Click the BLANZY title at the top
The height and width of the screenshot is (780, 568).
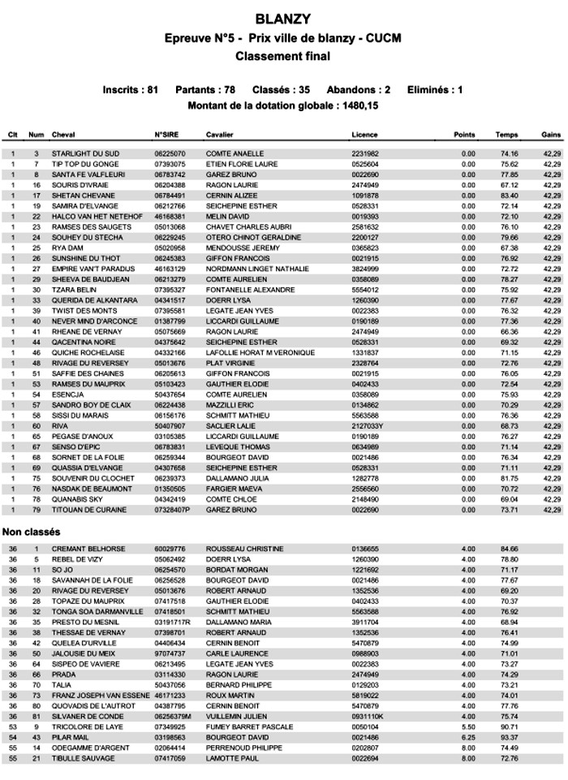(x=282, y=19)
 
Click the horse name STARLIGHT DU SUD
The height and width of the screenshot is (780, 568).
(x=85, y=153)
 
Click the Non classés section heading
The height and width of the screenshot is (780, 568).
(x=32, y=532)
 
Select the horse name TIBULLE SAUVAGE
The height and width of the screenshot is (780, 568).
(x=84, y=759)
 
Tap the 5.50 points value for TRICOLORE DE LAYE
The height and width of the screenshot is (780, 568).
(x=468, y=727)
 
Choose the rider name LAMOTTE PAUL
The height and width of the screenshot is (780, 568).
(x=233, y=759)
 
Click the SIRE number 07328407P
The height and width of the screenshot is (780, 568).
(x=172, y=510)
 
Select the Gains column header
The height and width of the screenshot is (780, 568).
(x=552, y=135)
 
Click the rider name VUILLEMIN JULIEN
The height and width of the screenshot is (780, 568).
(x=237, y=717)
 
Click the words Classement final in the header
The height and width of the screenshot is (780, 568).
(x=282, y=57)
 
